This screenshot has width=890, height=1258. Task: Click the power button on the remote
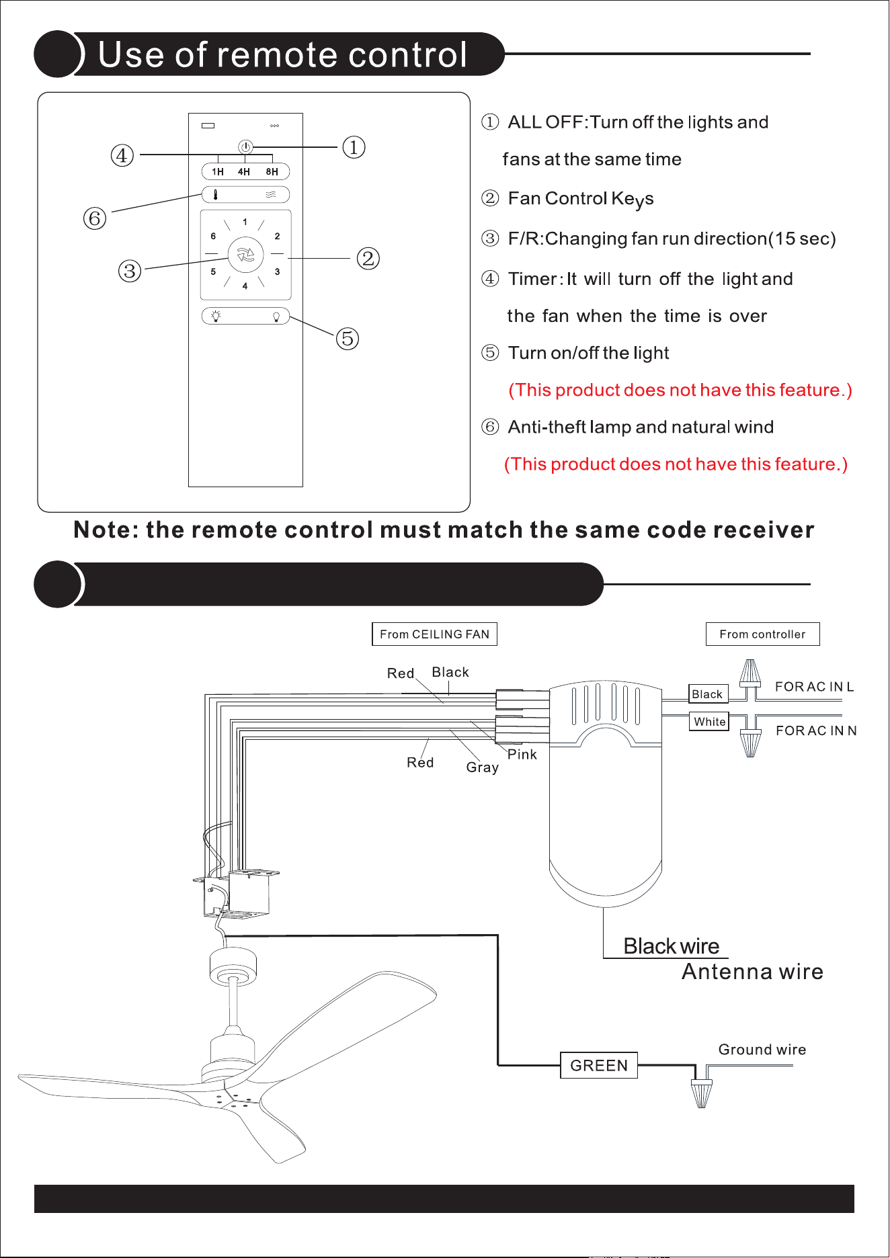(x=246, y=146)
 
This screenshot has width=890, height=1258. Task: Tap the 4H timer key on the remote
(x=244, y=172)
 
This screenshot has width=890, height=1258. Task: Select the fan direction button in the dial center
(x=246, y=255)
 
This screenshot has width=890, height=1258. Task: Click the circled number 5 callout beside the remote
(x=348, y=338)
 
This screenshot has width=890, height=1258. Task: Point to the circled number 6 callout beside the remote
(x=95, y=218)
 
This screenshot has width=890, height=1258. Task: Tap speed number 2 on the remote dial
(x=277, y=236)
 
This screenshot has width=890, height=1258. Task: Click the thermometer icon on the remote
(x=215, y=195)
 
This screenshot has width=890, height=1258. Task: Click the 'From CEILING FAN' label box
(x=434, y=634)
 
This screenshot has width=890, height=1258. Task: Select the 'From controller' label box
(x=762, y=634)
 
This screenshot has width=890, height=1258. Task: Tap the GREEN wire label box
(x=599, y=1065)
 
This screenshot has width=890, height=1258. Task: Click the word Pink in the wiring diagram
(x=522, y=754)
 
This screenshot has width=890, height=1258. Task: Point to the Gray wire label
(x=482, y=767)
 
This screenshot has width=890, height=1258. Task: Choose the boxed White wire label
(x=710, y=721)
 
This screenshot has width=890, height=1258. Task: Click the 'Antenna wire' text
(x=752, y=972)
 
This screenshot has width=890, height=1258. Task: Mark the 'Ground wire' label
(x=762, y=1050)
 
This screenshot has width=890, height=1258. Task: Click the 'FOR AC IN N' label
(x=816, y=730)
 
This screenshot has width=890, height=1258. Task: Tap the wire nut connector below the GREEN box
(x=701, y=1092)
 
